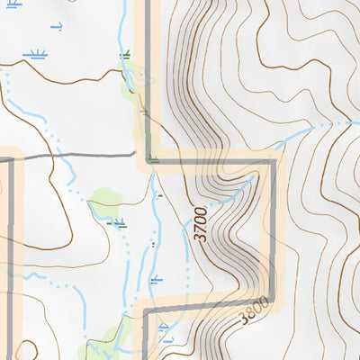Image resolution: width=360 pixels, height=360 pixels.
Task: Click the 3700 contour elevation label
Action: [202, 224]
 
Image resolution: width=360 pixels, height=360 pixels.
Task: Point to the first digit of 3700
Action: [202, 238]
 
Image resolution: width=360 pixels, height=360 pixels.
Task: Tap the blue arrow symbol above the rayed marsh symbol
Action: [57, 27]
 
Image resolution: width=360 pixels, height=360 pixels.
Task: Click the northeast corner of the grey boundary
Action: [271, 162]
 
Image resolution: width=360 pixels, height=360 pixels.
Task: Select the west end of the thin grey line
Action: [13, 158]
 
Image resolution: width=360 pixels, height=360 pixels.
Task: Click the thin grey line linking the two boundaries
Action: [81, 157]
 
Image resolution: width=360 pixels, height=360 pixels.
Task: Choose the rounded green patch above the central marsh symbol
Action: [104, 199]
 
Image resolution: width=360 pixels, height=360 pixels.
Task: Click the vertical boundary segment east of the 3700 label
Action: [271, 234]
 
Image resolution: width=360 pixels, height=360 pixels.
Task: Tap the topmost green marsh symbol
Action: [125, 56]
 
